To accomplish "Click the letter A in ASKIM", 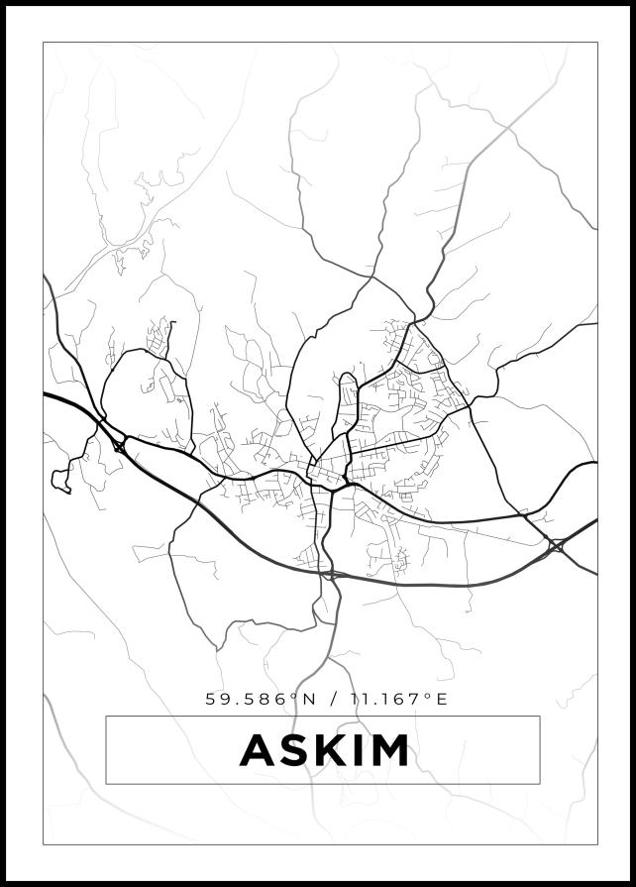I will click(x=259, y=750).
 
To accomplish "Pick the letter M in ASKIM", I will click(x=389, y=750).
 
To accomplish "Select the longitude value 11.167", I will click(x=386, y=699).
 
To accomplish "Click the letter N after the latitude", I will click(x=309, y=699).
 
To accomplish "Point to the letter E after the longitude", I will click(x=442, y=699).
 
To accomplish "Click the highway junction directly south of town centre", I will click(x=330, y=574).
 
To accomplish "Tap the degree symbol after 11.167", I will click(x=428, y=695).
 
